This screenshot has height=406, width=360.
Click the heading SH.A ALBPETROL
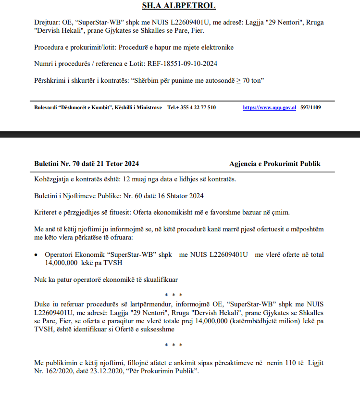179,6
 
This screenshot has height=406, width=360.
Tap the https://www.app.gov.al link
269,108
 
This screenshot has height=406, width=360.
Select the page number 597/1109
310,108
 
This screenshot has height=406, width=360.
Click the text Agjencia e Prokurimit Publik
275,164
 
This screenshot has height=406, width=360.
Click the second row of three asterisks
174,345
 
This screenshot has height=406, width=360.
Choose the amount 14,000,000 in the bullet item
56,263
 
